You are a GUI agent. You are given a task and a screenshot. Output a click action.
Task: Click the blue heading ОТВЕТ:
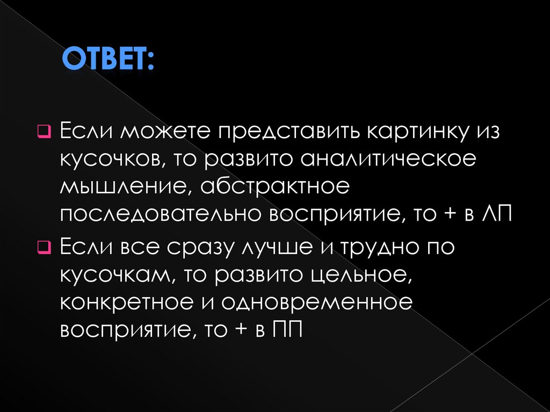click(x=107, y=59)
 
